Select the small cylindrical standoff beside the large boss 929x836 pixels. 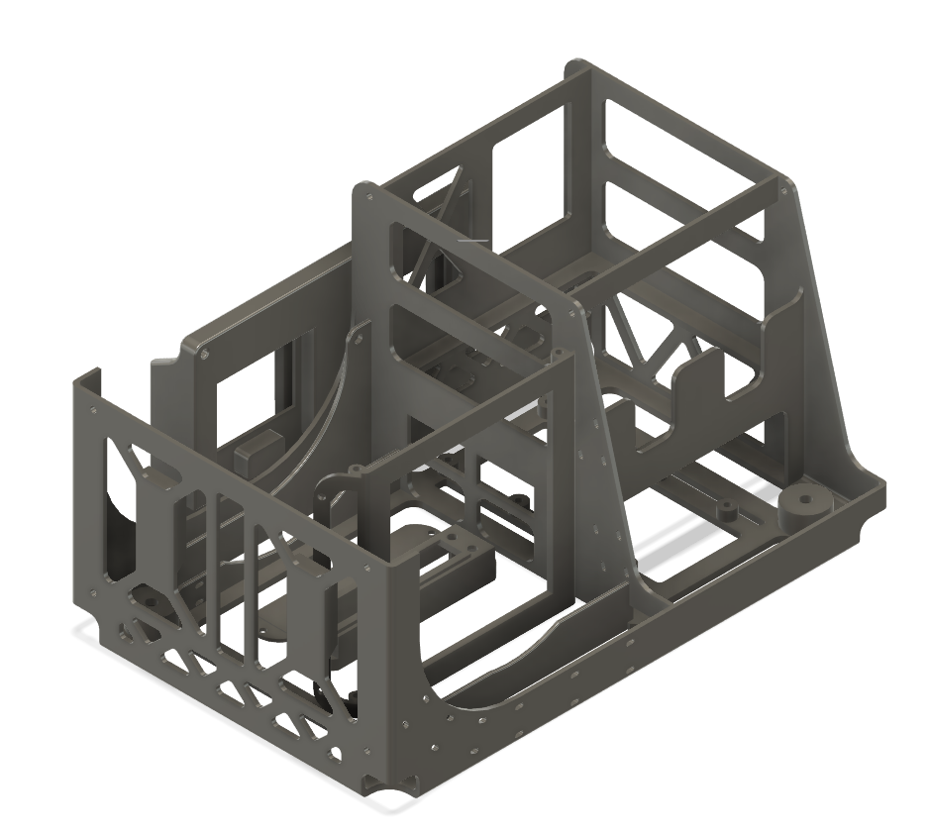[725, 508]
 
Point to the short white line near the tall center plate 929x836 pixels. [472, 240]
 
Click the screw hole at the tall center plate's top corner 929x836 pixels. [369, 195]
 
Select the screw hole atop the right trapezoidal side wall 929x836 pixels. [788, 191]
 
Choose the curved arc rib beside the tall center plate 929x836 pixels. [327, 396]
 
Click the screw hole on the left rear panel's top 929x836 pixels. [203, 351]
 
